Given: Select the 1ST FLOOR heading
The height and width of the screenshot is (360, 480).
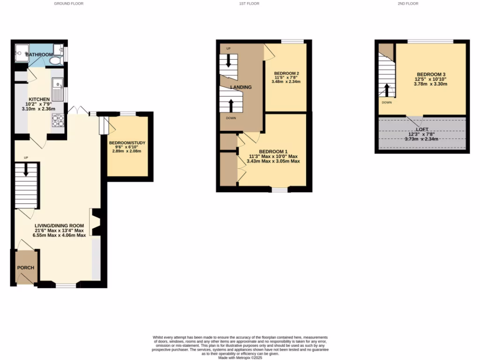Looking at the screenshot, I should [249, 3].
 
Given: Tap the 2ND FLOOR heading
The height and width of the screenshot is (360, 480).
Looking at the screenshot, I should [407, 3].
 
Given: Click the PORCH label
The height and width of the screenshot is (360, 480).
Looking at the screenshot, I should [26, 268].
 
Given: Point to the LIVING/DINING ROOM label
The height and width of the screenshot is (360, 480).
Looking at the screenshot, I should [59, 226].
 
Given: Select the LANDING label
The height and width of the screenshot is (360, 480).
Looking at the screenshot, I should [241, 87].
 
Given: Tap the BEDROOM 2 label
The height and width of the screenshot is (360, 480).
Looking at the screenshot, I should [286, 73].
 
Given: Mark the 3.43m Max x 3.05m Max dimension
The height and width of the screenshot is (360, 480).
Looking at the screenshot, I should [273, 161].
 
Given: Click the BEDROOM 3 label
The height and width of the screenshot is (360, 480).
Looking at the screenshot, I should [430, 75].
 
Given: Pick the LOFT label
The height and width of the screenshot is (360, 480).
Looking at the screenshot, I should [422, 129].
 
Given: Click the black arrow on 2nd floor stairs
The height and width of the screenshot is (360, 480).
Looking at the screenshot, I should [387, 90].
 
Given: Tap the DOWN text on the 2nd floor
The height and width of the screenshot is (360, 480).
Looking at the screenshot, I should [387, 102].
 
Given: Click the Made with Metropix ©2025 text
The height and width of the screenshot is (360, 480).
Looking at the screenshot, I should [240, 358].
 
